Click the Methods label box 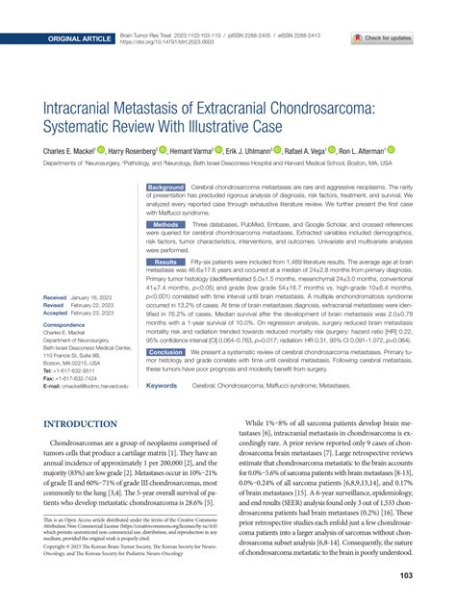click(165, 223)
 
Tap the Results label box click(165, 262)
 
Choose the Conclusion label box click(165, 352)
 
